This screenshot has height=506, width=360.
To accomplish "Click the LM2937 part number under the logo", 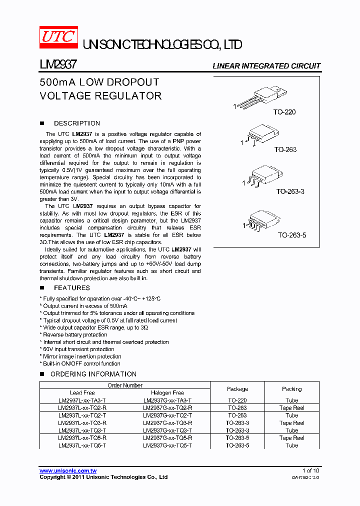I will [58, 65].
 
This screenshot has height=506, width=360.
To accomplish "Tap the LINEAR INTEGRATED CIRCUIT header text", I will [266, 66].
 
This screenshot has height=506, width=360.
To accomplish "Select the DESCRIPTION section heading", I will [76, 123].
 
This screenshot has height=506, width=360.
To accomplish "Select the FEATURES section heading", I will [71, 288].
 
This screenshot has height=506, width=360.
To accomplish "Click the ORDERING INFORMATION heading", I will [93, 374].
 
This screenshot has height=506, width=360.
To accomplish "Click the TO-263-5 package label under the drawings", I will [291, 234].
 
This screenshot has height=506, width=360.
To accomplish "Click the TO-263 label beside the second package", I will [285, 149].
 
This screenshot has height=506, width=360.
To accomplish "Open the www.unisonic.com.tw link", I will [68, 471].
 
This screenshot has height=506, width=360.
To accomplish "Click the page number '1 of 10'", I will [310, 471].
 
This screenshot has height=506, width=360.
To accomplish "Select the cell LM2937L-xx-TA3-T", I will [82, 400].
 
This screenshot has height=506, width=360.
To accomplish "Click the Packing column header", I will [291, 389].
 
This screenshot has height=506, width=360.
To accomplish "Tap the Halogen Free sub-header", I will [167, 393].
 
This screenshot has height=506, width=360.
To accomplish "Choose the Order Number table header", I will [125, 385].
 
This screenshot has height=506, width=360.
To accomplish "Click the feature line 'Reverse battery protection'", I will [75, 335].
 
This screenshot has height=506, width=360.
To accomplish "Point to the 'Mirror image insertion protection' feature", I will [82, 356].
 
